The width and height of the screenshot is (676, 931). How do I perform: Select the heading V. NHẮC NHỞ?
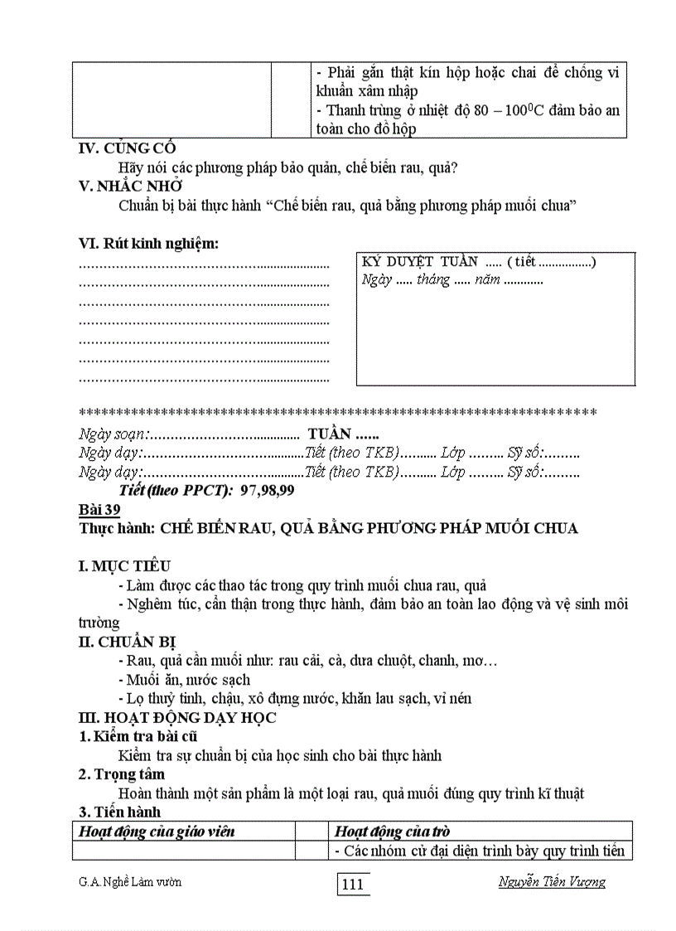[130, 187]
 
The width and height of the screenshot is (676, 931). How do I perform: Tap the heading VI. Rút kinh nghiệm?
[149, 244]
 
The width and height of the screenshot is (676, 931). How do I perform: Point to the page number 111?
[353, 885]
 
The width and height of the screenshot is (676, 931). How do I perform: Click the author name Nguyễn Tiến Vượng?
[552, 881]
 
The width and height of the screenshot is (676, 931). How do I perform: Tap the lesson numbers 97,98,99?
[268, 491]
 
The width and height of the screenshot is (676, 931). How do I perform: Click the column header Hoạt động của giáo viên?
[157, 831]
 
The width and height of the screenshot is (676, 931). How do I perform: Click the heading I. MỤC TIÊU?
[124, 566]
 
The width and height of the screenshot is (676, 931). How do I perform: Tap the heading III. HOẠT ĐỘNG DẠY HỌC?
[177, 718]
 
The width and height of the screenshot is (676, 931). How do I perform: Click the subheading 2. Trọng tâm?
[118, 774]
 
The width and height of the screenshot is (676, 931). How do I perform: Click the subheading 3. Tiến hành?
[119, 812]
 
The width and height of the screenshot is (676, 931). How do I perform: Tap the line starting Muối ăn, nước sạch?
[184, 680]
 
